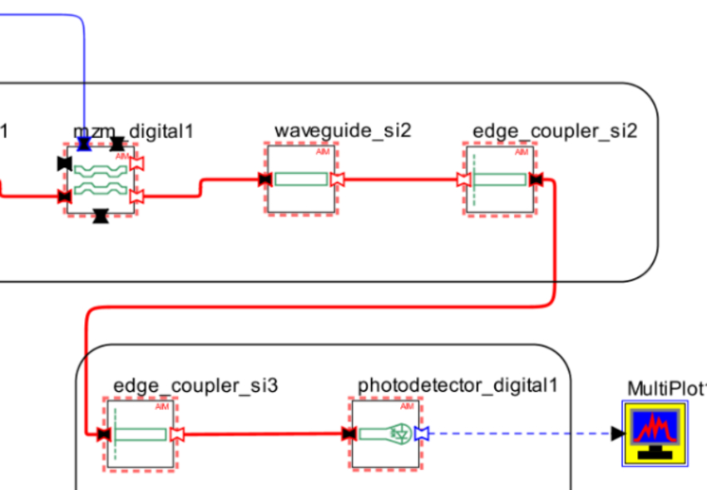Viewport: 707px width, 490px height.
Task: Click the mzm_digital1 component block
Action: click(x=101, y=180)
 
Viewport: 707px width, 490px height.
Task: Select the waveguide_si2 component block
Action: click(x=301, y=180)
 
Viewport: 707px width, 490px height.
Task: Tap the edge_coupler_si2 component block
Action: click(x=501, y=180)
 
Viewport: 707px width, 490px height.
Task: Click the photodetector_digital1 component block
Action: click(x=386, y=433)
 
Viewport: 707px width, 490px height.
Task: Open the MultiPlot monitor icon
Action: click(x=655, y=433)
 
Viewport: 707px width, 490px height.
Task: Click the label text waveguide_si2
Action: click(x=343, y=131)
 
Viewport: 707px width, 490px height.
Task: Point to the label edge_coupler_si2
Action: click(x=555, y=131)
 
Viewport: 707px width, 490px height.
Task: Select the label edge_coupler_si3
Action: click(x=195, y=385)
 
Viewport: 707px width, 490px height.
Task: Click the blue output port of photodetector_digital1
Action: click(x=421, y=433)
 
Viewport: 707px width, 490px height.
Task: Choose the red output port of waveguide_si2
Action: click(x=337, y=180)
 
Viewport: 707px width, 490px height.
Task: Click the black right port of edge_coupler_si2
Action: click(x=536, y=180)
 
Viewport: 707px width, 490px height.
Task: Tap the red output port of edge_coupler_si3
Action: click(x=176, y=433)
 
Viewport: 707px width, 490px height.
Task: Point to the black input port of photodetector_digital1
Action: click(x=349, y=433)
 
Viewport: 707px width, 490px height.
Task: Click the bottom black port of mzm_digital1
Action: click(x=101, y=217)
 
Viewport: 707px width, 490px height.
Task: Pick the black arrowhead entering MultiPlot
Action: click(x=616, y=433)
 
